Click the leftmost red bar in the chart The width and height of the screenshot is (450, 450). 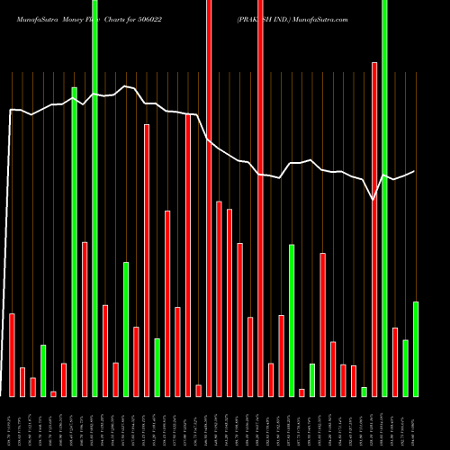coord(12,355)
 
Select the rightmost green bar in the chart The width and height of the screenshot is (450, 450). coord(416,348)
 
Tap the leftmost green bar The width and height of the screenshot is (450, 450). coord(43,370)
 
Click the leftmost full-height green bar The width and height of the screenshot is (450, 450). coord(94,198)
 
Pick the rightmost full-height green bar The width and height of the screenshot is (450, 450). coord(385,198)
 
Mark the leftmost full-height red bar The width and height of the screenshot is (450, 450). coord(209,198)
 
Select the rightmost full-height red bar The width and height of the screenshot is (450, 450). coord(260,198)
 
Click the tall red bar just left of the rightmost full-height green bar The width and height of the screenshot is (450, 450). coord(374,229)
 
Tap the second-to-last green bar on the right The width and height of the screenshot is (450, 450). coord(405,367)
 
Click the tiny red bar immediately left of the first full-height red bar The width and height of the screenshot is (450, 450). coord(198,390)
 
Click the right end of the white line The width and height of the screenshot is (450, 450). coord(415,171)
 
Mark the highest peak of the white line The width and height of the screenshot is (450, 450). coord(126,86)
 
